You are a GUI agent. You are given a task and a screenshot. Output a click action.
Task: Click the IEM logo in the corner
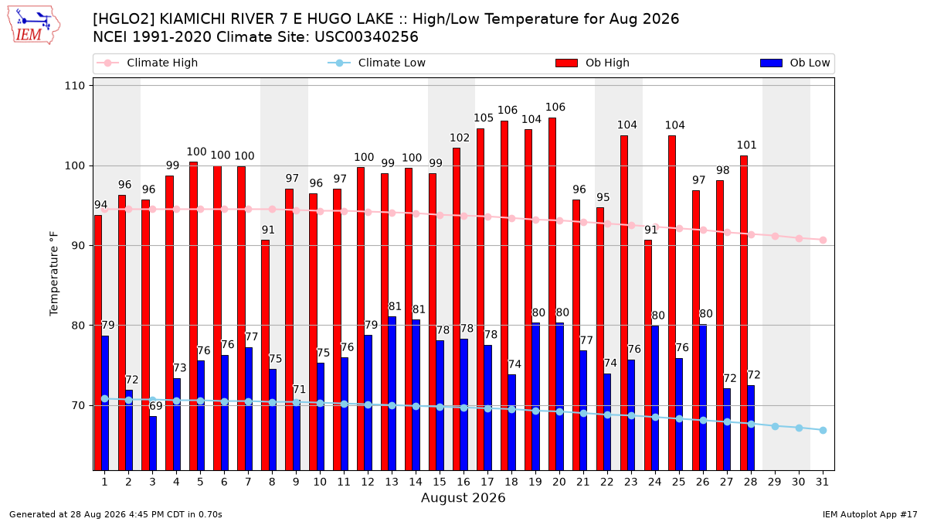33,26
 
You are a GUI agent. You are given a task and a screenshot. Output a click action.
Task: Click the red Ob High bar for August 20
552,294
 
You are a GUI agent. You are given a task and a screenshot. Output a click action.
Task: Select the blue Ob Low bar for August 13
392,394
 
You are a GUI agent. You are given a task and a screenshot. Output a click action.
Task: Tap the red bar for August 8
265,356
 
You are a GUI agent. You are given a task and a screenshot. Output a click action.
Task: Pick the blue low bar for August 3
153,443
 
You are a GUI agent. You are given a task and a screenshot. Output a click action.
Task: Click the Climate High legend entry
147,63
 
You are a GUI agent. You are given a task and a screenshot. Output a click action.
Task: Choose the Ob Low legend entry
795,63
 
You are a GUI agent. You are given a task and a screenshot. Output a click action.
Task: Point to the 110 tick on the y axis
74,86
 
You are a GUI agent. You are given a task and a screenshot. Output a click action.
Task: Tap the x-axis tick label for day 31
822,482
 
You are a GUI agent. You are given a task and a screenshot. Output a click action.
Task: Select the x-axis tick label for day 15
440,482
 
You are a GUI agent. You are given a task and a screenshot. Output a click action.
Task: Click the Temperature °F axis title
54,274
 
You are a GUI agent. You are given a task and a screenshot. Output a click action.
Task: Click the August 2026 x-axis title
463,497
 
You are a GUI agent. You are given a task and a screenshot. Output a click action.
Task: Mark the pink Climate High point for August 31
823,241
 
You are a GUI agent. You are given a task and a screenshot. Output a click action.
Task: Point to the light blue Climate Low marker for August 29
775,426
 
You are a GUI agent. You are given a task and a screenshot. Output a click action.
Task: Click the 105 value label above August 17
484,118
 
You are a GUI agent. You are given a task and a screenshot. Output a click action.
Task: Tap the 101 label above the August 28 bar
746,145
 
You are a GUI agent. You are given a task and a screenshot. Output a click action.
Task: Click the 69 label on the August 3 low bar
156,406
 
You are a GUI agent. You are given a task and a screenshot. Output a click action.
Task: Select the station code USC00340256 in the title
366,37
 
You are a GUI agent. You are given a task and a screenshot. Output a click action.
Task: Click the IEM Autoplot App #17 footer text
870,514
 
